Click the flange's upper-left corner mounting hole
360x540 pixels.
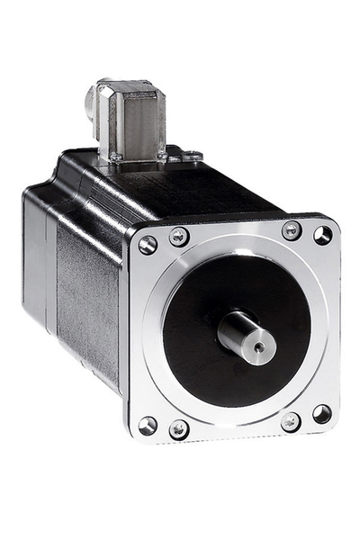(148, 244)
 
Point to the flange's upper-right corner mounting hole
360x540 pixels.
(322, 235)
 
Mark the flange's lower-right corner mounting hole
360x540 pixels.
(321, 414)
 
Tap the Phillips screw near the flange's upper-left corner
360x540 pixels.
(178, 237)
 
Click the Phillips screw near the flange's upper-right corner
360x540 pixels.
(292, 230)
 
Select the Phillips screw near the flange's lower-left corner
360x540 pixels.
(179, 429)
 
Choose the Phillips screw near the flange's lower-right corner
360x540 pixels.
(291, 421)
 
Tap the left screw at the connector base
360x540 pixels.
(116, 157)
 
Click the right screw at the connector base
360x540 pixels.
(163, 156)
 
